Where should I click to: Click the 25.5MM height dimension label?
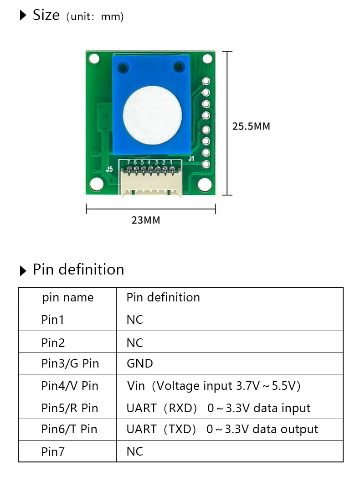tap(251, 126)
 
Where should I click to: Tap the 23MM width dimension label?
tap(146, 220)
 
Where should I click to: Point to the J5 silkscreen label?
tap(109, 169)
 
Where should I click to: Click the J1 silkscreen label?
tap(192, 159)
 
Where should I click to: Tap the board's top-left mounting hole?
tap(94, 59)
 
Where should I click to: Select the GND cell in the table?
tap(139, 363)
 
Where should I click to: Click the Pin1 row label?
tap(53, 320)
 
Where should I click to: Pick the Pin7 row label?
tap(53, 451)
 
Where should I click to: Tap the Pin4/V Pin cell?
tap(70, 386)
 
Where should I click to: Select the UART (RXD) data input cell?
tap(218, 408)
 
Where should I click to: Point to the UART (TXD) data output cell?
tap(222, 429)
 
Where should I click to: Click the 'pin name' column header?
tap(67, 298)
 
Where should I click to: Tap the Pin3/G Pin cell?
tap(70, 363)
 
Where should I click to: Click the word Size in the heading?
tap(46, 15)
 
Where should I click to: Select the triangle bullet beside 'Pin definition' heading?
tap(24, 271)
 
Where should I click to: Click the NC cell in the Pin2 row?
tap(135, 342)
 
